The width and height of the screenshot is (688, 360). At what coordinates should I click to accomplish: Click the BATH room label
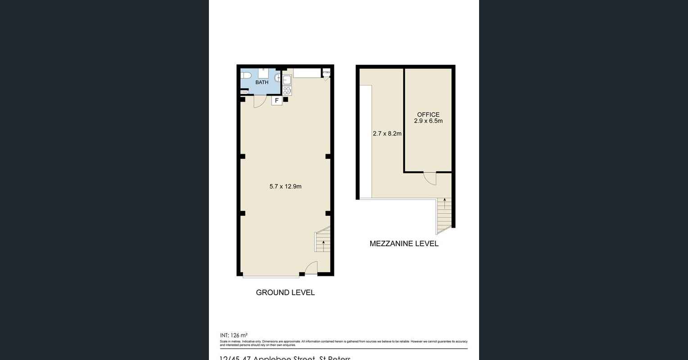[262, 82]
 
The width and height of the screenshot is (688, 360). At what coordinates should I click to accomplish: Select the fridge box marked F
[277, 101]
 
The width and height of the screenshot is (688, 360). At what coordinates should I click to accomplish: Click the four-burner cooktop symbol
[287, 90]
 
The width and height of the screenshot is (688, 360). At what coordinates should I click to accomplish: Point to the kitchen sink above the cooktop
[287, 80]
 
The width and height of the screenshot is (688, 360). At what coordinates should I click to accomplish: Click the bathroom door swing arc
[258, 102]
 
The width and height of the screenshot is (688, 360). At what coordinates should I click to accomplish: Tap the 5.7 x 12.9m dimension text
[285, 186]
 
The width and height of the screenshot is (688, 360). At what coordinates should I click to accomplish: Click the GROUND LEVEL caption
[285, 292]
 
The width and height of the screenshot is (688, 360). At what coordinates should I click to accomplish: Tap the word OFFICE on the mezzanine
[428, 115]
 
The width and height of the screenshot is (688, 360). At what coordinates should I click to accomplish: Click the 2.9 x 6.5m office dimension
[428, 121]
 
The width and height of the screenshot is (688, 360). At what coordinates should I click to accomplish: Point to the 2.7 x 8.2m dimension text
[387, 134]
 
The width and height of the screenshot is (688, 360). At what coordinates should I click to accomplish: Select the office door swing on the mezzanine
[430, 179]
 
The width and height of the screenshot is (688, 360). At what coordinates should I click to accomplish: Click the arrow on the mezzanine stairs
[444, 202]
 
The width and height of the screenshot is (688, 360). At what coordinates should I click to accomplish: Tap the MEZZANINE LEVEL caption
[404, 244]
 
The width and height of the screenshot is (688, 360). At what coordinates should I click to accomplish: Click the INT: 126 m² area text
[234, 335]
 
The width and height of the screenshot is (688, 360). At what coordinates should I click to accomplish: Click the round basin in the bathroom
[277, 78]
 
